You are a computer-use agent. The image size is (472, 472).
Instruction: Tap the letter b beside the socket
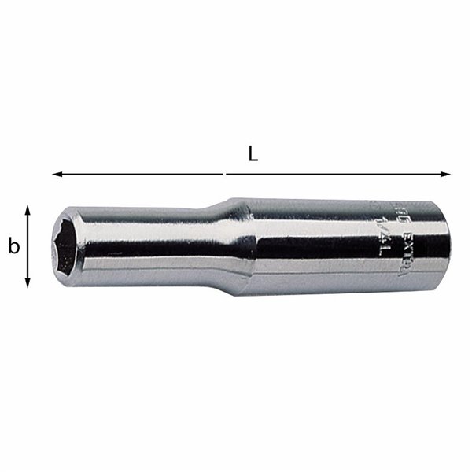tap(13, 247)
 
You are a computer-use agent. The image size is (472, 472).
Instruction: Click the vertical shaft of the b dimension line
tap(28, 246)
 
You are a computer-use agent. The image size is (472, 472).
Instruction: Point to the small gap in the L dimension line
tap(225, 174)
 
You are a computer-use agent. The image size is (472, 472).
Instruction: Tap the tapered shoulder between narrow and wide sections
tap(236, 244)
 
